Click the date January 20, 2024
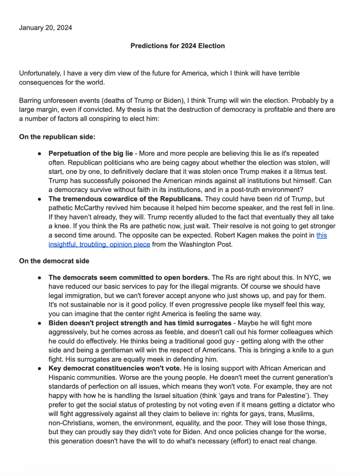tap(45, 28)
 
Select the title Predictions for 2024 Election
tap(177, 46)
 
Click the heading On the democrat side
tap(54, 261)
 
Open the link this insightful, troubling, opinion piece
tap(99, 244)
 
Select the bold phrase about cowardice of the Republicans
tap(126, 199)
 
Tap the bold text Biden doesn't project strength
tap(140, 323)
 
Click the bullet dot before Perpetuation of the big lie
tap(40, 153)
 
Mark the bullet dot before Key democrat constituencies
tap(40, 368)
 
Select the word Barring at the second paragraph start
tap(31, 100)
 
